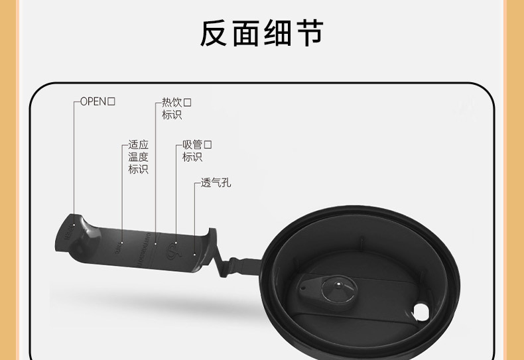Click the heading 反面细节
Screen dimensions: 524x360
tap(261, 34)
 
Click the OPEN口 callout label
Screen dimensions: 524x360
tap(98, 101)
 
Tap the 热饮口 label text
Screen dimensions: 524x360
tap(176, 109)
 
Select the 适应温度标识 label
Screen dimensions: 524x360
tap(138, 157)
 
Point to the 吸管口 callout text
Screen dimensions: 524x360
tap(197, 150)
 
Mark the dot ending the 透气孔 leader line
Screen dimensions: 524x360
tap(194, 253)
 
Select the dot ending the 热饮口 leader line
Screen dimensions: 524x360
tap(155, 243)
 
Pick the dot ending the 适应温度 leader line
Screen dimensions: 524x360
tap(122, 242)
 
